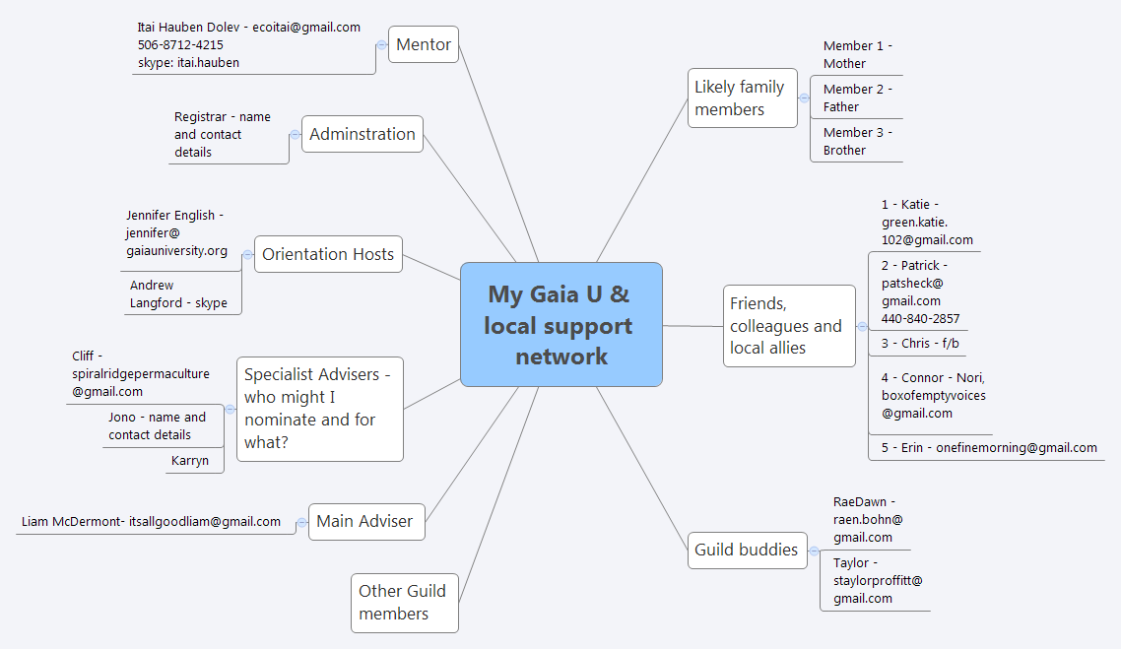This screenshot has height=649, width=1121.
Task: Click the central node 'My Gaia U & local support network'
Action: pyautogui.click(x=560, y=324)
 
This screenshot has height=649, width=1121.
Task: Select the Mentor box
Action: pyautogui.click(x=424, y=44)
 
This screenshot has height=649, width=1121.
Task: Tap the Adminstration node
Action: pyautogui.click(x=363, y=134)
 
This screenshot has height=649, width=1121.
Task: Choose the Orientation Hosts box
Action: pyautogui.click(x=328, y=254)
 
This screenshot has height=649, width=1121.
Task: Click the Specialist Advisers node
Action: pyautogui.click(x=320, y=409)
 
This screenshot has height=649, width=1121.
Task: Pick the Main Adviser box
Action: pyautogui.click(x=364, y=521)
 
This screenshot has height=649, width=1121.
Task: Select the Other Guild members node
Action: pyautogui.click(x=404, y=602)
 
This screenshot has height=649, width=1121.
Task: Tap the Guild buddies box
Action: pyautogui.click(x=746, y=550)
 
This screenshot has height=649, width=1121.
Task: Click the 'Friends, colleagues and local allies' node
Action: pyautogui.click(x=788, y=325)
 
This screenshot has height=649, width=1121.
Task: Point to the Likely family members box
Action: pyautogui.click(x=742, y=97)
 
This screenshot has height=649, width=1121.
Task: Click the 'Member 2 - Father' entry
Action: pyautogui.click(x=857, y=97)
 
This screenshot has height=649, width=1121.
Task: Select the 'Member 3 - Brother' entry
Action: pyautogui.click(x=857, y=141)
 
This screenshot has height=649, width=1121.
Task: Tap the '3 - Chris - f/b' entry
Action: pyautogui.click(x=920, y=344)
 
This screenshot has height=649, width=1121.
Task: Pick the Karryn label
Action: pyautogui.click(x=190, y=460)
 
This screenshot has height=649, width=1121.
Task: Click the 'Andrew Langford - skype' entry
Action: pyautogui.click(x=178, y=294)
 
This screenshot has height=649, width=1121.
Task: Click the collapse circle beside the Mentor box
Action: pyautogui.click(x=381, y=44)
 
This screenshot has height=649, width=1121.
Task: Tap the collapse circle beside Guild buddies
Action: pyautogui.click(x=814, y=551)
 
